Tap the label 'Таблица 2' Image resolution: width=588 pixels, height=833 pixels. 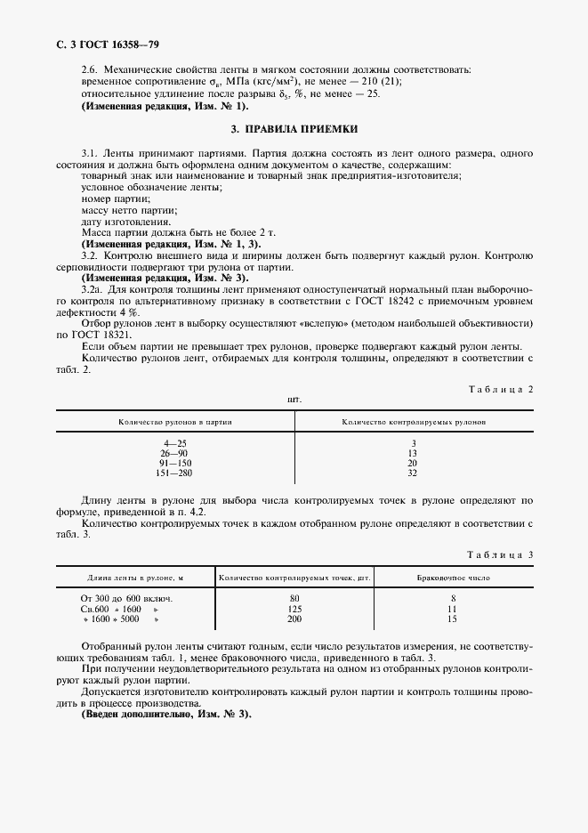pyautogui.click(x=499, y=389)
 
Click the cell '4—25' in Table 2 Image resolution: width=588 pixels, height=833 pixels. pyautogui.click(x=174, y=443)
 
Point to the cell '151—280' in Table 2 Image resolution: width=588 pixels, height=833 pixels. pyautogui.click(x=174, y=473)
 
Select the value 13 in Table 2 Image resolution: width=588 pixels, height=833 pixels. pyautogui.click(x=413, y=453)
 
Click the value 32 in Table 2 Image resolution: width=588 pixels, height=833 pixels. pyautogui.click(x=413, y=473)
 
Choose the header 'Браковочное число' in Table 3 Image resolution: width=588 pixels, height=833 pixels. pyautogui.click(x=453, y=578)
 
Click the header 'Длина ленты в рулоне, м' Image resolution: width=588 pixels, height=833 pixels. pyautogui.click(x=135, y=578)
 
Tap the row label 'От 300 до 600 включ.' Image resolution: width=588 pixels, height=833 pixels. pyautogui.click(x=126, y=598)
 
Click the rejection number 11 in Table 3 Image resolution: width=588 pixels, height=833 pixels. pyautogui.click(x=453, y=609)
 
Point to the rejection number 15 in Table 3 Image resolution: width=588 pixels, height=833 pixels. pyautogui.click(x=453, y=619)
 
